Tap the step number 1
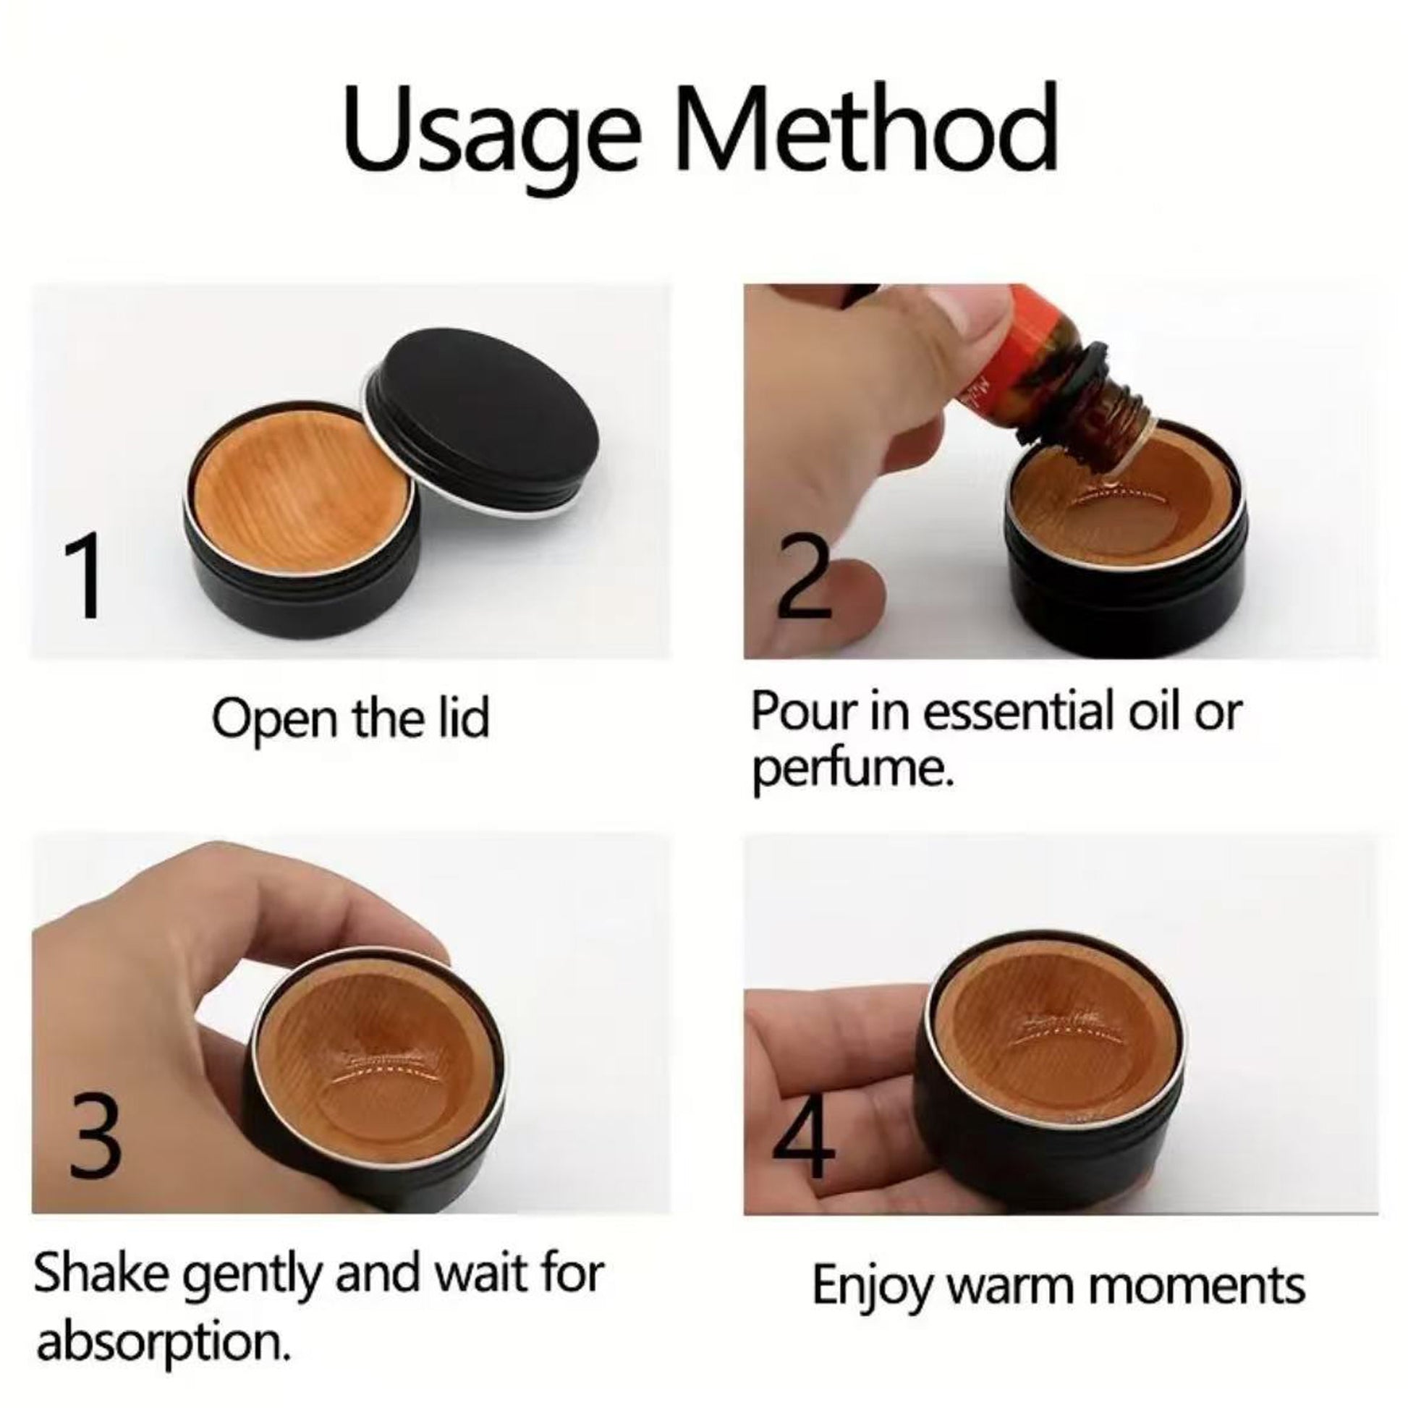[82, 575]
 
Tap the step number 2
[803, 577]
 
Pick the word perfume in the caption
[852, 771]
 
